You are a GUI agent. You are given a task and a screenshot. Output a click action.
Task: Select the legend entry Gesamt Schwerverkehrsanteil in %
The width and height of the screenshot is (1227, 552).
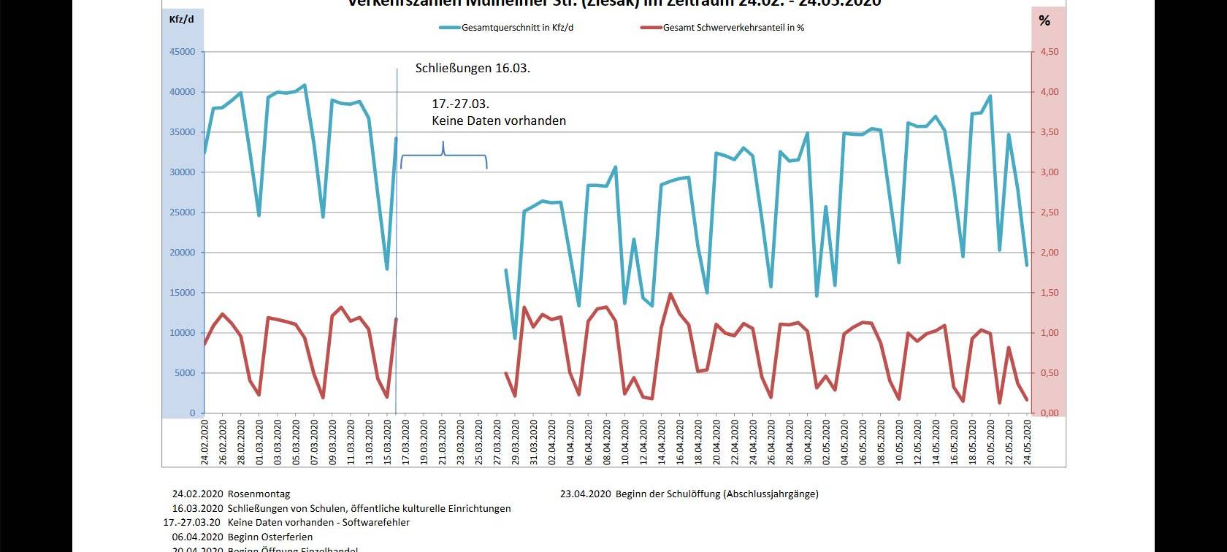pos(733,28)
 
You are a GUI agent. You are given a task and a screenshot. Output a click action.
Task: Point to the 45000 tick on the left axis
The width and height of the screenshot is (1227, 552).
pos(183,52)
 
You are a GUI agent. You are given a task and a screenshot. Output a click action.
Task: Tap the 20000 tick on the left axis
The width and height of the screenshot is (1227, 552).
pos(183,253)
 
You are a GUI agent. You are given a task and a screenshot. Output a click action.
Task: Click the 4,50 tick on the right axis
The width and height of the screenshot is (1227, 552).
pos(1049,52)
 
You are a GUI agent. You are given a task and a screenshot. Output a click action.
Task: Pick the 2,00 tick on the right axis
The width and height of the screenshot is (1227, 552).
pos(1049,253)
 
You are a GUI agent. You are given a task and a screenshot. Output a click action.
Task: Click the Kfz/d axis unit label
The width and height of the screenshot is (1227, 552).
pos(182,19)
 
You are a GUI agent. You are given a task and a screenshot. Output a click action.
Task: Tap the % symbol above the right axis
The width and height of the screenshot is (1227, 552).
pos(1044,20)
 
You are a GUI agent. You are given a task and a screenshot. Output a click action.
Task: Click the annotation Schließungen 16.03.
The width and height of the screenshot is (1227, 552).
pos(473,68)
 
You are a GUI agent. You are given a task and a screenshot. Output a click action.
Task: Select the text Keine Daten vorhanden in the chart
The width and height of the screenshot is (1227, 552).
pos(499,120)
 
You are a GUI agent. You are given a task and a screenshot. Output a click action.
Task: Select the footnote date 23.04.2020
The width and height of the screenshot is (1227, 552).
pos(585,494)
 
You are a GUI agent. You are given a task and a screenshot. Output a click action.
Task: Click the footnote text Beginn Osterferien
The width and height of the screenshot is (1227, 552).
pos(270,537)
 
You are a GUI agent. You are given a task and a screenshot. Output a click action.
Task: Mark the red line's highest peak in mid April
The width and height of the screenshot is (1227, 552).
pos(670,294)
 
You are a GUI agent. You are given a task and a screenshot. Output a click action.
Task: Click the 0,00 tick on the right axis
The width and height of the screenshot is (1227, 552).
pos(1049,413)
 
